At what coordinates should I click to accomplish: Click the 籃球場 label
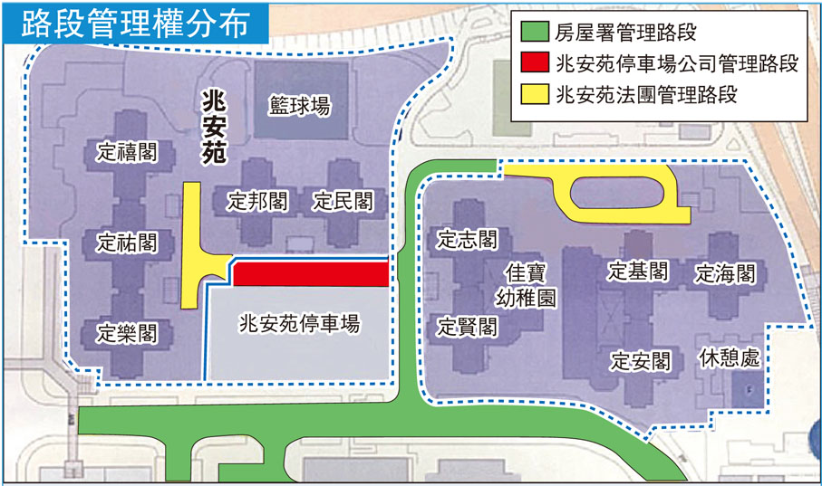coord(299,107)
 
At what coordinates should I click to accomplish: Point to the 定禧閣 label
coord(127,152)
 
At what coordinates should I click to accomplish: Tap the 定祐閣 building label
coord(127,243)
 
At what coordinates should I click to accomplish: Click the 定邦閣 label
coord(257,201)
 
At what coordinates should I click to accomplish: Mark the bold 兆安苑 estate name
coord(214,127)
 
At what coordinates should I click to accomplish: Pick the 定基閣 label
coord(638,271)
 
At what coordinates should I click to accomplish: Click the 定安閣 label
coord(640,360)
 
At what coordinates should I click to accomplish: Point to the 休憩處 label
coord(729,357)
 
